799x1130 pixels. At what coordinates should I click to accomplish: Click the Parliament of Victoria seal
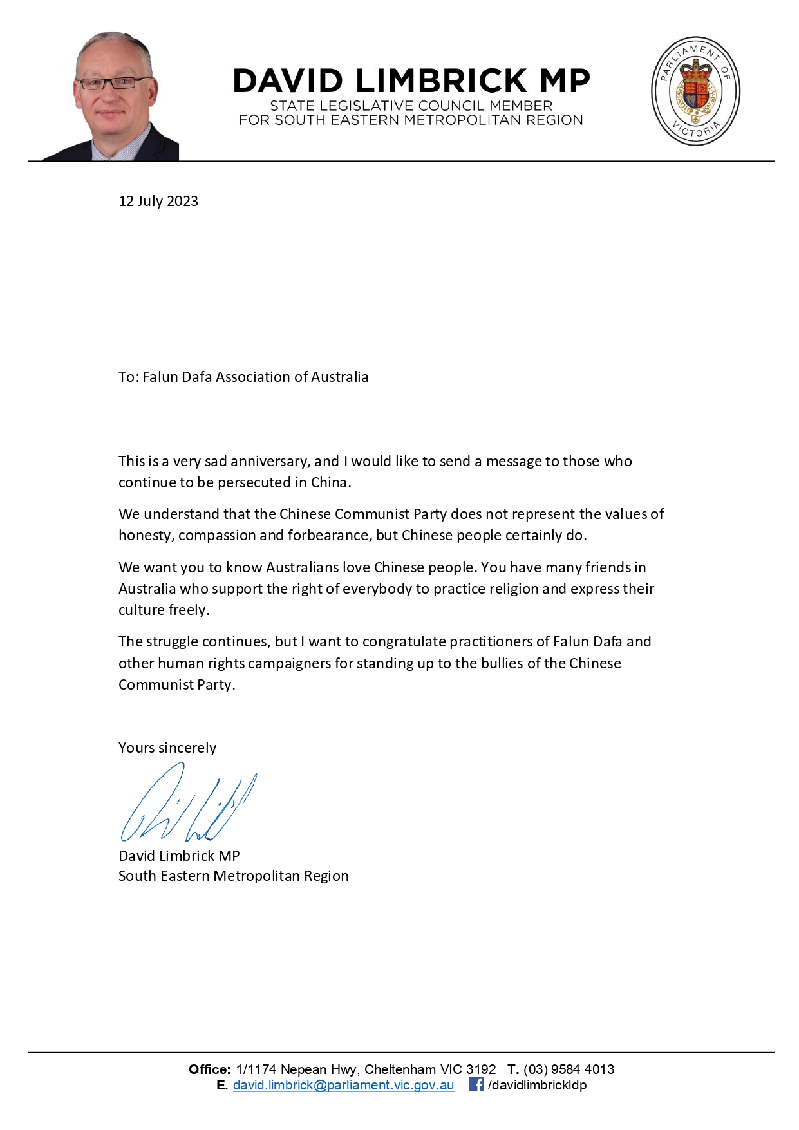pos(695,91)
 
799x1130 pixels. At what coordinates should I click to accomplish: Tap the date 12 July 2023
pos(158,201)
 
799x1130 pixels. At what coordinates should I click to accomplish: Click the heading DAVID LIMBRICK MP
pos(411,81)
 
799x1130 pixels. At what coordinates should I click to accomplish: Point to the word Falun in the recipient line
pos(160,377)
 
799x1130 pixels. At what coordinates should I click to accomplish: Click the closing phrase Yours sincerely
pos(167,748)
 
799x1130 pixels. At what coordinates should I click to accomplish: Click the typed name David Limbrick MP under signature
pos(179,856)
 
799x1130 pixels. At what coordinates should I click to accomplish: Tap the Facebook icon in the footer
pos(476,1084)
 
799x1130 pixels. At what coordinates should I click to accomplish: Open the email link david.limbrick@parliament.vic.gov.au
pos(343,1085)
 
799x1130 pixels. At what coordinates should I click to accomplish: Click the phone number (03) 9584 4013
pos(569,1069)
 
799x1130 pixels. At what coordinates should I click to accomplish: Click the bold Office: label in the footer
pos(209,1069)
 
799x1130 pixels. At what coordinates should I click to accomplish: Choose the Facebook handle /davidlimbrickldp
pos(537,1085)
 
